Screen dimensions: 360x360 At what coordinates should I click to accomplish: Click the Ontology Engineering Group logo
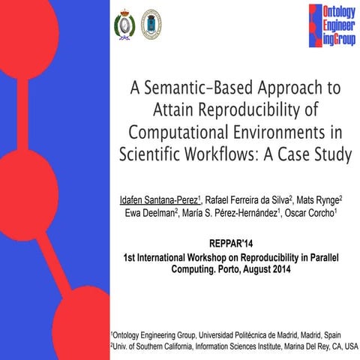coord(329,25)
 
